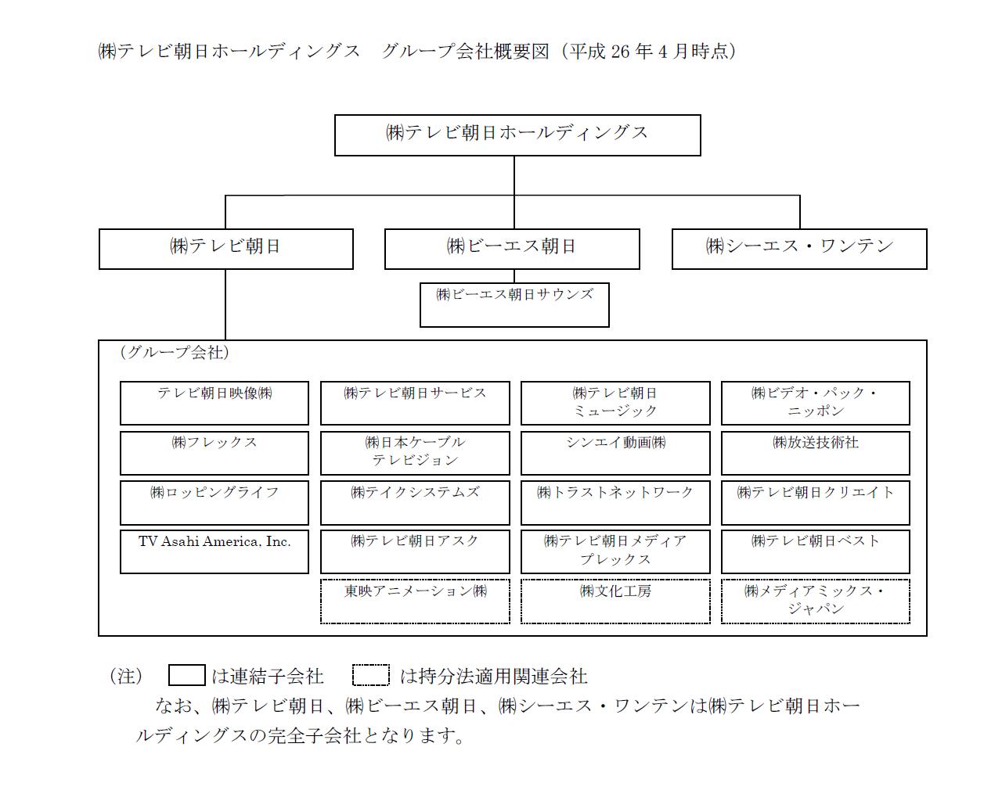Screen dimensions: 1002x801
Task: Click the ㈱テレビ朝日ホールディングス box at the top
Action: (x=517, y=135)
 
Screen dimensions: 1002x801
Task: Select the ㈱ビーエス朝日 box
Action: (x=512, y=249)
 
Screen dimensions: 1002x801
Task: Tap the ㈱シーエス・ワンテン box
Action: (x=799, y=249)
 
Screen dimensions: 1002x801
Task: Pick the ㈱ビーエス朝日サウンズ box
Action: (x=514, y=305)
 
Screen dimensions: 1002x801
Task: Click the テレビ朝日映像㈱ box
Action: (x=214, y=403)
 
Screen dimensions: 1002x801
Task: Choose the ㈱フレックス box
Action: (x=214, y=453)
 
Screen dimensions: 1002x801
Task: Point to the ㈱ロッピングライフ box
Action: (x=214, y=503)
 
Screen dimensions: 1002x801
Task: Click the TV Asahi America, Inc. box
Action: (x=214, y=551)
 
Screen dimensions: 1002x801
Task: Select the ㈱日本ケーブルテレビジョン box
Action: (x=415, y=453)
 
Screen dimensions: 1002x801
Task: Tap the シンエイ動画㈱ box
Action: (x=615, y=453)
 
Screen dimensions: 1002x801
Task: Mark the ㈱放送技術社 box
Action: (x=815, y=453)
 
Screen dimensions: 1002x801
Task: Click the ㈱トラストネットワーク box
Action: (x=615, y=503)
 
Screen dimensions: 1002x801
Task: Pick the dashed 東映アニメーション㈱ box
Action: (x=415, y=602)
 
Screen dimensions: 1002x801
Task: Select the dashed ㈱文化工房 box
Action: (x=615, y=602)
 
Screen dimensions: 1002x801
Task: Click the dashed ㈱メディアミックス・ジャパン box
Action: (x=815, y=602)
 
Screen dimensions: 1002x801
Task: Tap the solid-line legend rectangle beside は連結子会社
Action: (x=187, y=675)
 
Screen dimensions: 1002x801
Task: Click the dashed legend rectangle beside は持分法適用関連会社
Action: (x=370, y=675)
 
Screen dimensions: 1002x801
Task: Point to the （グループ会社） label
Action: (x=175, y=352)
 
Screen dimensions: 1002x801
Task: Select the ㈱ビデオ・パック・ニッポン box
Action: (x=815, y=403)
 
